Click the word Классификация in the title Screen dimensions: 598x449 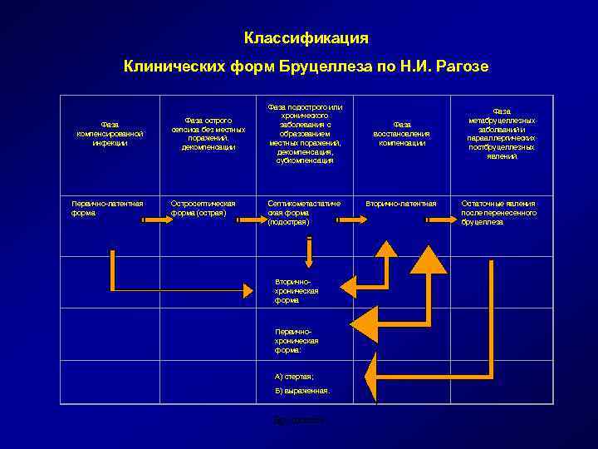pos(306,38)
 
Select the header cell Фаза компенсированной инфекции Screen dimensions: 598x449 pos(110,133)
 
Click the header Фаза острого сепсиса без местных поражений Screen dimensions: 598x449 pos(208,133)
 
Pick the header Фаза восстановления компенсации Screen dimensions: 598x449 pos(402,133)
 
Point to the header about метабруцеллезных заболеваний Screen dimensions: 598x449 pos(501,133)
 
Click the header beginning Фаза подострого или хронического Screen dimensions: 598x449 pos(306,133)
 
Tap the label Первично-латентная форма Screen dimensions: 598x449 pos(107,207)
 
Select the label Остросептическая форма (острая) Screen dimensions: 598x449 pos(203,207)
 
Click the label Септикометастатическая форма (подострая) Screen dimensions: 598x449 pos(303,212)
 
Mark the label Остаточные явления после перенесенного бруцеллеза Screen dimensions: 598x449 pos(498,212)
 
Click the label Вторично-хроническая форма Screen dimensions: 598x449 pos(297,291)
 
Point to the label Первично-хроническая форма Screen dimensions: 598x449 pos(297,340)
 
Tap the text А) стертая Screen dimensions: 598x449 pos(294,377)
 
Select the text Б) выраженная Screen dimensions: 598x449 pos(301,391)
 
